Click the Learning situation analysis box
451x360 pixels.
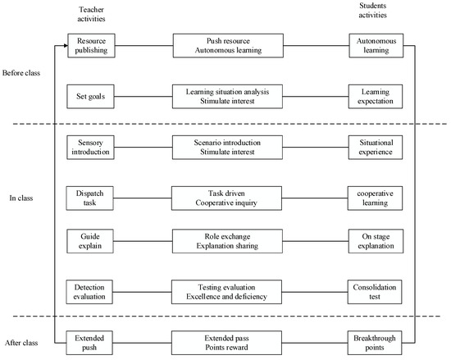tap(228, 96)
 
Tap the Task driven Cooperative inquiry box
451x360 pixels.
tap(228, 198)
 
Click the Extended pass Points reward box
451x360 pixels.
tap(228, 341)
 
